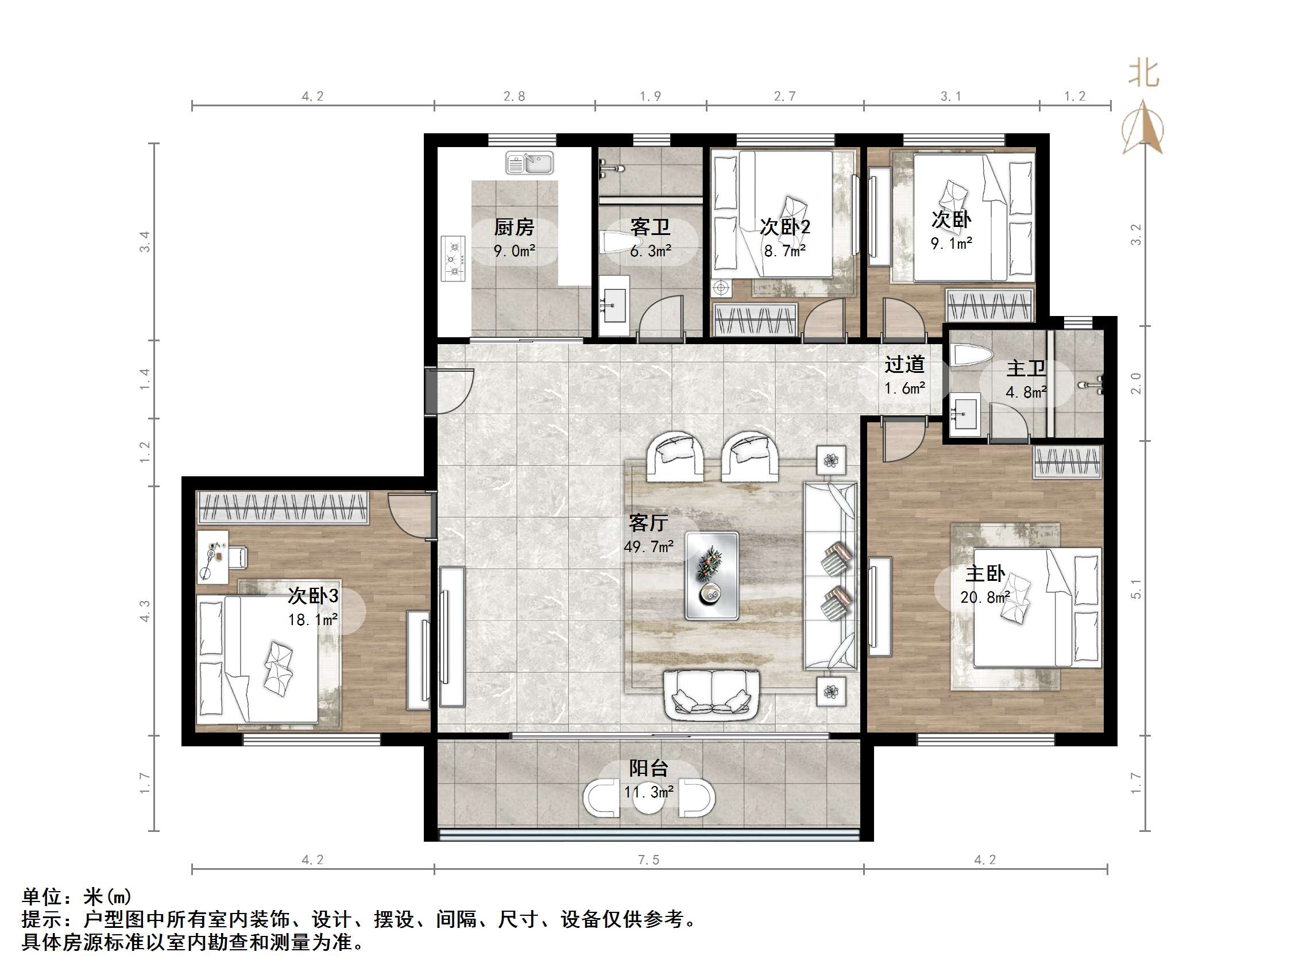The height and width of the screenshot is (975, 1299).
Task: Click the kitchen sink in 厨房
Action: point(529,163)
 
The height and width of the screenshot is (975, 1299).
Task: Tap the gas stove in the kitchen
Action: point(453,259)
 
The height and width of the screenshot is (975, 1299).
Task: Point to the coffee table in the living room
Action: point(711,575)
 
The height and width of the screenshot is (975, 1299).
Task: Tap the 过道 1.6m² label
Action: point(904,376)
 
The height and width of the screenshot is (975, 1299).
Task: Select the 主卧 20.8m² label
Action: point(985,585)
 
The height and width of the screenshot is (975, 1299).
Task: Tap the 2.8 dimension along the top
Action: point(514,96)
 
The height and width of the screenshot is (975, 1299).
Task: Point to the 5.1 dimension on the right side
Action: point(1136,588)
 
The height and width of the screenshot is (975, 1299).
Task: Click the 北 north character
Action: point(1143,74)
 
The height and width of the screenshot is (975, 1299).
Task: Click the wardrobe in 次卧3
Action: point(283,507)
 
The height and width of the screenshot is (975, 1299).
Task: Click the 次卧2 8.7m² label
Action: point(784,238)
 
